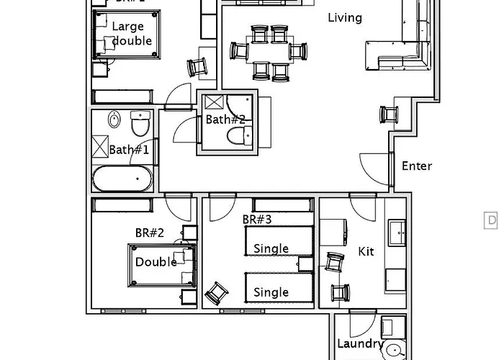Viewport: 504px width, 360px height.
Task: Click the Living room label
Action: tap(345, 17)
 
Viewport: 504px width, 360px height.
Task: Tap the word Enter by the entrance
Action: tap(417, 166)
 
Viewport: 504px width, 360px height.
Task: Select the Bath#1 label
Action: tap(129, 150)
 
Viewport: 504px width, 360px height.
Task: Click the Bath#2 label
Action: tap(225, 120)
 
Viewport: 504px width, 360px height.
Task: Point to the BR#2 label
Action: tap(150, 233)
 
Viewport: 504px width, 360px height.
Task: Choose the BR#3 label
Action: tap(256, 219)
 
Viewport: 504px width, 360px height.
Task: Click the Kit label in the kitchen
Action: tap(366, 252)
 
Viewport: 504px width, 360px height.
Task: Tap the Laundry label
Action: tap(360, 344)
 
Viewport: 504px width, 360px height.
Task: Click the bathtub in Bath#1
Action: tap(122, 179)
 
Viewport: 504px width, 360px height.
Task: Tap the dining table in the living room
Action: tap(269, 51)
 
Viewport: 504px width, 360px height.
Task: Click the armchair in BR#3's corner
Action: tap(217, 293)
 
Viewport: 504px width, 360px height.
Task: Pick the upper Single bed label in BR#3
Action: tap(271, 248)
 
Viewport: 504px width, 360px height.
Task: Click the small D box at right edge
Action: tap(492, 220)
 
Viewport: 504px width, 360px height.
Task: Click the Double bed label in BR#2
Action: tap(156, 262)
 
